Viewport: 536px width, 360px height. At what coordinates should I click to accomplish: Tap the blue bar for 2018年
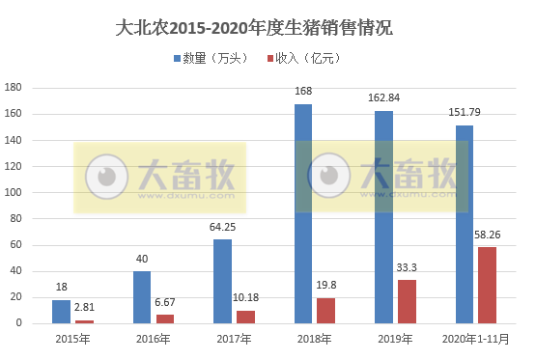click(303, 213)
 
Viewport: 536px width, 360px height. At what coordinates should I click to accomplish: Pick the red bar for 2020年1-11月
click(488, 285)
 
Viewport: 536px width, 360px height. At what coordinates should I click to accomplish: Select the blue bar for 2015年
click(61, 311)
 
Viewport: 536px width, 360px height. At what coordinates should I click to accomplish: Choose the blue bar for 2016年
click(142, 296)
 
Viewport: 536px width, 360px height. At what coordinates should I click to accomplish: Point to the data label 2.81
click(85, 308)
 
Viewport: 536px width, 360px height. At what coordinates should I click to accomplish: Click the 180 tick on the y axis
click(14, 88)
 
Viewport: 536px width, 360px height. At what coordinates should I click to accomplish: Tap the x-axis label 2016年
click(153, 339)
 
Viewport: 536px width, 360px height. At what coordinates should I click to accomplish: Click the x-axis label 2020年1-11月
click(475, 339)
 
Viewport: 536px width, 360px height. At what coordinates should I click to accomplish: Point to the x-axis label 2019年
click(395, 339)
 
